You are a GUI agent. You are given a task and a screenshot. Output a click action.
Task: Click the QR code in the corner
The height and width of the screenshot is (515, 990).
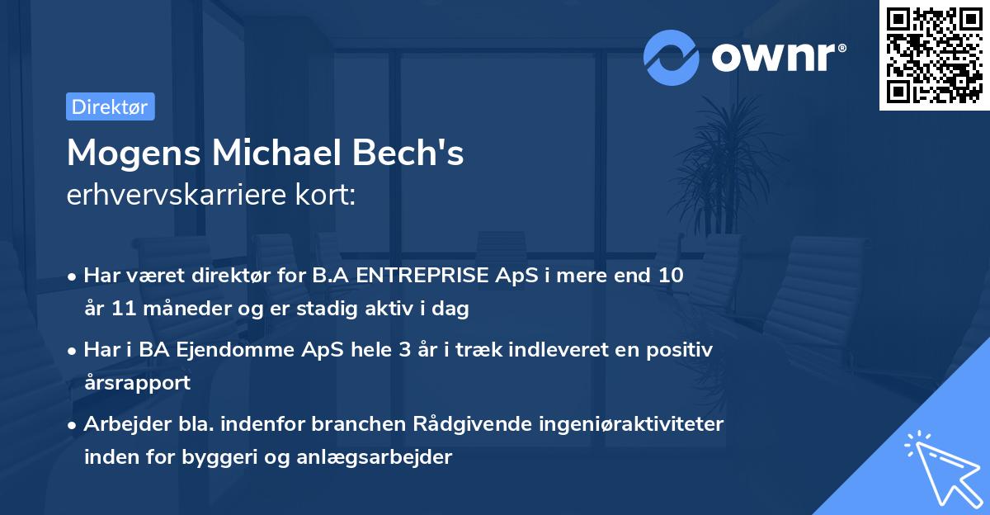click(x=935, y=54)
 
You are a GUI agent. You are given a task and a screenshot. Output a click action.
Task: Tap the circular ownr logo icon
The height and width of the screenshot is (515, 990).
click(x=671, y=58)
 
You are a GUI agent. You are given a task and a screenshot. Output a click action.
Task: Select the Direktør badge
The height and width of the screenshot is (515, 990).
click(x=110, y=106)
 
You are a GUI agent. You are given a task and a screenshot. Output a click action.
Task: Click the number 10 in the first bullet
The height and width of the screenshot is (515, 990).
click(x=670, y=276)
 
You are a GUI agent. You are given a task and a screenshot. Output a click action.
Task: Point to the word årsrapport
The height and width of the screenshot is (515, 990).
click(x=138, y=382)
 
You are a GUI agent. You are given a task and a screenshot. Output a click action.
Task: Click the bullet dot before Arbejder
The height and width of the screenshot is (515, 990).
click(x=73, y=425)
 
